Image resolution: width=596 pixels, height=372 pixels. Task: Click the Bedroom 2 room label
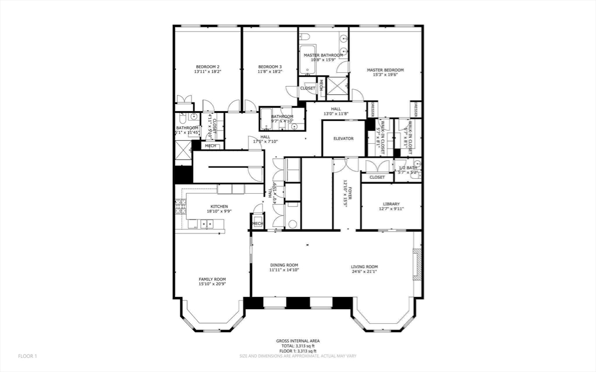click(207, 66)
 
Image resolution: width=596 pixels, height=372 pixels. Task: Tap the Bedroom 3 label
click(270, 66)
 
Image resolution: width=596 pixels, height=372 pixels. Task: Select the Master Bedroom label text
click(385, 70)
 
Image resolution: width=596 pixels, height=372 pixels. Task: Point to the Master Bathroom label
click(323, 55)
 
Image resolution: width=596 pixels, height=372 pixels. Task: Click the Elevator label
click(343, 139)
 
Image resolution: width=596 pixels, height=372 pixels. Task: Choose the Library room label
click(391, 204)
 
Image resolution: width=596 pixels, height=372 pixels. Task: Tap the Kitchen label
click(219, 207)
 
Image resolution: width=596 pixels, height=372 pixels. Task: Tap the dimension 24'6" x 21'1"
click(364, 271)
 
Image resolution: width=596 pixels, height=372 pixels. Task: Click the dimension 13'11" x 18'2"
click(207, 72)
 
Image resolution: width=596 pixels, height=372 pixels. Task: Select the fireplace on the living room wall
click(416, 265)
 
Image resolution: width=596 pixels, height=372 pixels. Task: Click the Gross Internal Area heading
click(297, 341)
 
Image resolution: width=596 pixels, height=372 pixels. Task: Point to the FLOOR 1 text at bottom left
click(27, 356)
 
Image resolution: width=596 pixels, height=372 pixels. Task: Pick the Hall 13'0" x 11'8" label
click(336, 109)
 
